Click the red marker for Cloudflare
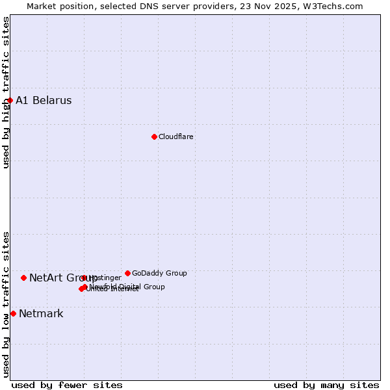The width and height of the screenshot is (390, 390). (x=154, y=136)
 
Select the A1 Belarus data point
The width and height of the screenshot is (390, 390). (x=10, y=100)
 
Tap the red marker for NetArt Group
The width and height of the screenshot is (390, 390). (x=23, y=278)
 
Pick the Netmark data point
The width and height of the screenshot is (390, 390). (x=13, y=313)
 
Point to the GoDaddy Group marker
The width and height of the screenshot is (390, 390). (x=127, y=273)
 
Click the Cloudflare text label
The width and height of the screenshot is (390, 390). (x=175, y=136)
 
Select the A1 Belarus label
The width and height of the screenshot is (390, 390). (x=44, y=101)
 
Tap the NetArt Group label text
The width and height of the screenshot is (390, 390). (x=63, y=278)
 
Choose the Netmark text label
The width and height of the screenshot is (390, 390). (x=41, y=314)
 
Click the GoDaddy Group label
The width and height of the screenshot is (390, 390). (x=159, y=273)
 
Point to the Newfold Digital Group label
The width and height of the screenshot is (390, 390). (x=127, y=287)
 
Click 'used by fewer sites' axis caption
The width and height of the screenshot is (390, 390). (x=67, y=385)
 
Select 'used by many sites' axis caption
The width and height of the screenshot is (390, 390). (x=326, y=385)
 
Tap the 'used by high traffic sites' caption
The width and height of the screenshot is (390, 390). (x=6, y=92)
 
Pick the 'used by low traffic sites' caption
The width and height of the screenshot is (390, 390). (x=6, y=304)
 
